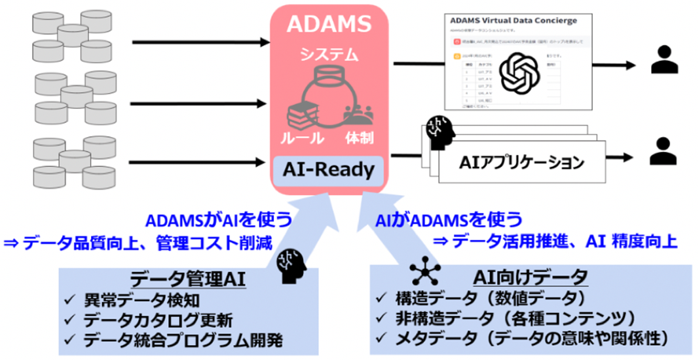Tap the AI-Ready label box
coord(328,170)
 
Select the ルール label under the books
coord(302,138)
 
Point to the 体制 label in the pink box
coord(359,138)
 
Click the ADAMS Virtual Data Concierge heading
coord(513,21)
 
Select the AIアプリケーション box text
coord(522,162)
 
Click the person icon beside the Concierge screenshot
coord(664,60)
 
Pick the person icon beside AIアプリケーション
coord(663,152)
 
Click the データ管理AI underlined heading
coord(188,279)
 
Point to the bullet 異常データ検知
coord(141,300)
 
